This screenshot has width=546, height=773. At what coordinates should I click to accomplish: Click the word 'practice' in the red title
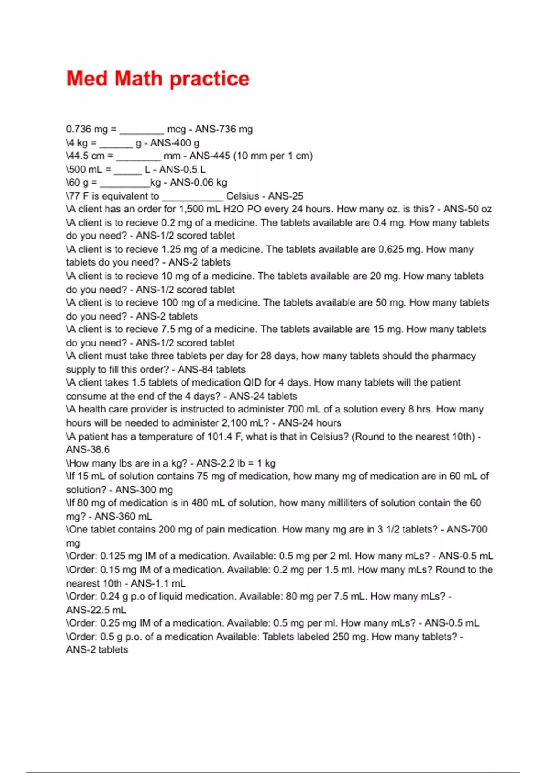(210, 79)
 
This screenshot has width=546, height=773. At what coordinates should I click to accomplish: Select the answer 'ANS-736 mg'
(223, 129)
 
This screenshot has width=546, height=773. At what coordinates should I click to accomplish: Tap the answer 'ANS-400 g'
(175, 143)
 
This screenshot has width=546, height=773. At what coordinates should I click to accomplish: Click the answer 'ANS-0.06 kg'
(198, 182)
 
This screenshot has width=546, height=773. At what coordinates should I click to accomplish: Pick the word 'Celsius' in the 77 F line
(243, 196)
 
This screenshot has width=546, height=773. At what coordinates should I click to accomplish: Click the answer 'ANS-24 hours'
(309, 422)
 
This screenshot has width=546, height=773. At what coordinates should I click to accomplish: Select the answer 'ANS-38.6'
(88, 449)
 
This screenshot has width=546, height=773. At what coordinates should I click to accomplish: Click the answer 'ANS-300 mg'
(144, 490)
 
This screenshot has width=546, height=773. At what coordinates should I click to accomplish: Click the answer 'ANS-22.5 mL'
(96, 610)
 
